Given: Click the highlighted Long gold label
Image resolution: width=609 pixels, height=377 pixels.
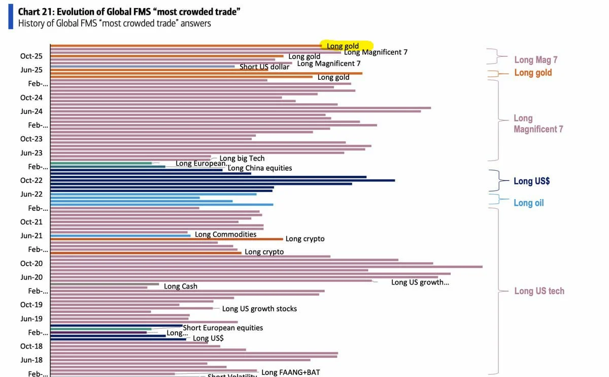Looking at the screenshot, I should click(343, 46).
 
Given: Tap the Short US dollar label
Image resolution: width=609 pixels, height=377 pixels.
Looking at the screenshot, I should click(264, 67).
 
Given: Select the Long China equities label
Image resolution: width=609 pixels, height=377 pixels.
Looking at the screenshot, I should click(260, 168).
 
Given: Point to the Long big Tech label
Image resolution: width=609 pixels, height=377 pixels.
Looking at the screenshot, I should click(242, 159).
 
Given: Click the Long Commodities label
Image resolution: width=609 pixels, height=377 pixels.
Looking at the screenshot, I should click(226, 234).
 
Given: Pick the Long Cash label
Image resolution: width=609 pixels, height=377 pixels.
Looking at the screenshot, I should click(181, 287).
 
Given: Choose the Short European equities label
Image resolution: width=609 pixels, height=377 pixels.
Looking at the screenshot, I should click(223, 328).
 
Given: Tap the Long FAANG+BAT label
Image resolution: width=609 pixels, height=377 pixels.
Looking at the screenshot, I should click(291, 372).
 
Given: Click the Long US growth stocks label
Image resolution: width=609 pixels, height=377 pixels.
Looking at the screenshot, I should click(259, 308).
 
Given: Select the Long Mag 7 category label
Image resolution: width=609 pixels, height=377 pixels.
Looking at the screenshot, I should click(536, 60).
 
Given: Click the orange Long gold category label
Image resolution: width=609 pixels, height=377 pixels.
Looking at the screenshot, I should click(533, 73).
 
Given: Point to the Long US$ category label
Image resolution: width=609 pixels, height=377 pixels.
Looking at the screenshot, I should click(532, 181).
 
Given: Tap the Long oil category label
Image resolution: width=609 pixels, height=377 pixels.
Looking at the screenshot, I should click(528, 203).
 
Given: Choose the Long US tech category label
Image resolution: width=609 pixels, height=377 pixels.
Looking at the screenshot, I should click(539, 291).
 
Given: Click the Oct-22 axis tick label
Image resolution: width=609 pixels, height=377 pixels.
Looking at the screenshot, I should click(31, 180).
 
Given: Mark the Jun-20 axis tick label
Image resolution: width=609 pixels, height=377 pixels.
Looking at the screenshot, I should click(31, 277).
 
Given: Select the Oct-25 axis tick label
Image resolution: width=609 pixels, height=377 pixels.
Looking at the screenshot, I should click(31, 56).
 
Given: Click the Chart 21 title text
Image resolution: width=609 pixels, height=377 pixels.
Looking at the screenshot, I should click(129, 11).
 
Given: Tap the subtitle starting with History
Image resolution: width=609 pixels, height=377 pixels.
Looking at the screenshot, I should click(114, 23).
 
